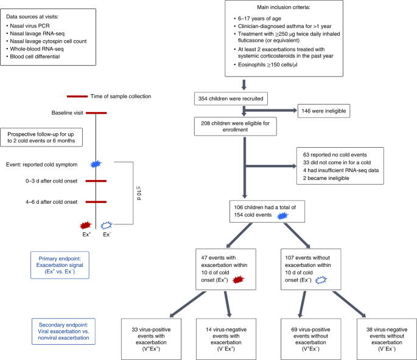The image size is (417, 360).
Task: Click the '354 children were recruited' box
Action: click(x=231, y=99)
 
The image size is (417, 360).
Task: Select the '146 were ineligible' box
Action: click(x=324, y=111)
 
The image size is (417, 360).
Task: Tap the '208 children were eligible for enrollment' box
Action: click(x=236, y=126)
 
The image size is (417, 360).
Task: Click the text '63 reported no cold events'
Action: click(x=335, y=154)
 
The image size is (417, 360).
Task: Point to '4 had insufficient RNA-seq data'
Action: click(x=341, y=170)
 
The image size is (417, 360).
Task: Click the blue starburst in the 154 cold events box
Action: click(x=282, y=216)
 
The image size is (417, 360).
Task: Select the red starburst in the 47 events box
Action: click(x=238, y=280)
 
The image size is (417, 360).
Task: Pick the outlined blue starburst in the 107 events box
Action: click(x=321, y=280)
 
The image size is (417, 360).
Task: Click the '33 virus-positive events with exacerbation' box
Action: click(x=151, y=339)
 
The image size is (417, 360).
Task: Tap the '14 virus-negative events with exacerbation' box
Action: click(x=226, y=339)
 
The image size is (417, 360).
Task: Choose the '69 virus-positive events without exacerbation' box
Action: click(x=310, y=339)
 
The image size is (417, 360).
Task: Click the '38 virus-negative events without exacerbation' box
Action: click(x=387, y=339)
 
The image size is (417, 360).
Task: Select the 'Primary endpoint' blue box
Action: click(x=60, y=265)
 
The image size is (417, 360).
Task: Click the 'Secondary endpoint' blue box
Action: click(x=63, y=331)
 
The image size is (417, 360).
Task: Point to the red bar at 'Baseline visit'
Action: click(x=96, y=113)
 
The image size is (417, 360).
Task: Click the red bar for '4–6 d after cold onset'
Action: click(x=96, y=202)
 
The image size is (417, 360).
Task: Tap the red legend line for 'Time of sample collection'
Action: click(x=77, y=97)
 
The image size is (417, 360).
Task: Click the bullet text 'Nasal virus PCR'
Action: click(x=30, y=26)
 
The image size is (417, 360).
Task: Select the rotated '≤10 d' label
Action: click(x=139, y=193)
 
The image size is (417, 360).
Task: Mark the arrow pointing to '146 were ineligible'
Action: click(x=270, y=111)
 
